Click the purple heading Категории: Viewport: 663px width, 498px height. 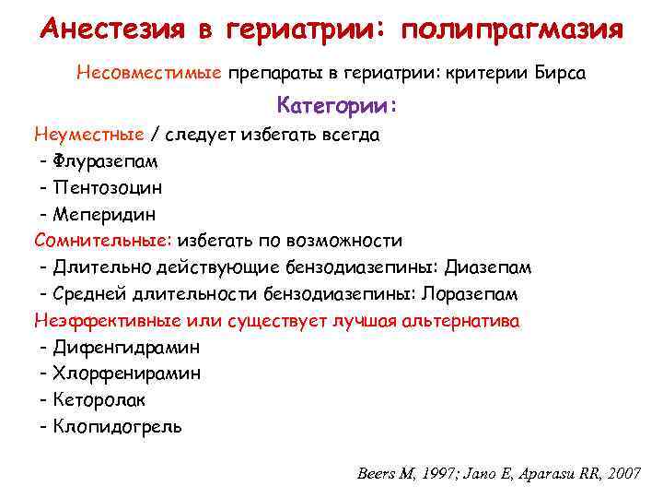coord(336,106)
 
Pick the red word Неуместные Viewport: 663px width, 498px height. coord(89,135)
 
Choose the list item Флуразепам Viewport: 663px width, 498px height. coord(105,160)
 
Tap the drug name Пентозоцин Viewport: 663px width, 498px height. coord(108,187)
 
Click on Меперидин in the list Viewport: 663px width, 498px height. coord(104,214)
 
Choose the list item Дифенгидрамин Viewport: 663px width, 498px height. coord(126,348)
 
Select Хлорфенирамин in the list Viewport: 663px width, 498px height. coord(127,373)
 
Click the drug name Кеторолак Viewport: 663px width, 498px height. coord(99,400)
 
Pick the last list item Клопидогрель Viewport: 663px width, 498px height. coord(117,427)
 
